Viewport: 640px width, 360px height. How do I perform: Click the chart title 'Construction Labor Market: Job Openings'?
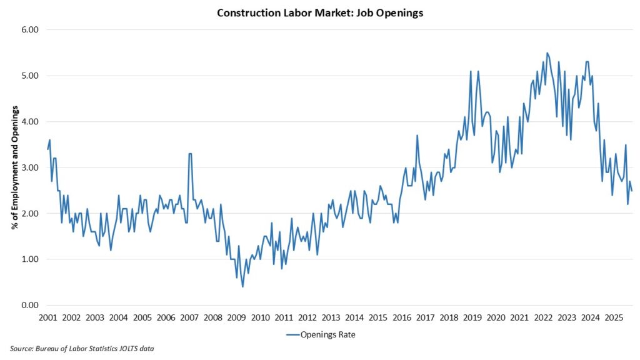click(x=320, y=13)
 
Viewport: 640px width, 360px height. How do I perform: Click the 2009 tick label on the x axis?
click(x=236, y=317)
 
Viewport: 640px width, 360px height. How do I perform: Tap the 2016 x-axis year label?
click(x=401, y=317)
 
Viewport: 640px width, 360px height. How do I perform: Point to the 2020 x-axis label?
click(x=496, y=317)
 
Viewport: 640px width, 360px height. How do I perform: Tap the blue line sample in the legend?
click(x=296, y=334)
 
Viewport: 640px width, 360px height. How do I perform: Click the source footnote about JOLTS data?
click(x=82, y=349)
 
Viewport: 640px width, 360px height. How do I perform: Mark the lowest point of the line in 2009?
click(x=242, y=286)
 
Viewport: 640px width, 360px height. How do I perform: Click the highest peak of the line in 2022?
click(x=547, y=53)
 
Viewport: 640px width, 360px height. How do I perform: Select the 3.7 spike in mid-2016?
click(x=417, y=136)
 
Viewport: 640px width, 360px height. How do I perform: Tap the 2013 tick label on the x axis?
click(x=331, y=317)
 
